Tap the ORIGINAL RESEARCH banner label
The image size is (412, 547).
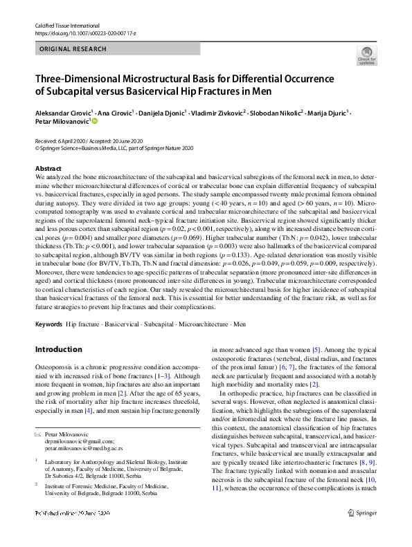[73, 49]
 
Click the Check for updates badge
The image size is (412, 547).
[366, 56]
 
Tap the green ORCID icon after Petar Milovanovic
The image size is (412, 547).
[95, 120]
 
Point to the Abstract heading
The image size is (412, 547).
[48, 169]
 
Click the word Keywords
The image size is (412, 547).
[48, 324]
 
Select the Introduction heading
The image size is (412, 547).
[58, 349]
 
